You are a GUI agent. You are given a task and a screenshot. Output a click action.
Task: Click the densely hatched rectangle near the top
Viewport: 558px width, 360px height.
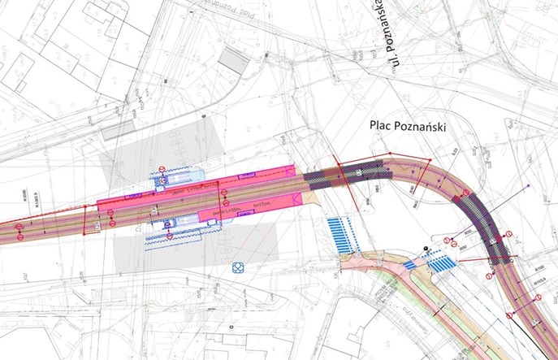(235, 60)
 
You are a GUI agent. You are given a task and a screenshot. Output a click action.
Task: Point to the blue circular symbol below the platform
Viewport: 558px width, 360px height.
(238, 267)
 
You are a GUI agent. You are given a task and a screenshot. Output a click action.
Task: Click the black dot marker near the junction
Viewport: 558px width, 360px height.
(428, 247)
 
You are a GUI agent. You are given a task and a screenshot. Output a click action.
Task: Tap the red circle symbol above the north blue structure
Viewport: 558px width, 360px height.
(162, 170)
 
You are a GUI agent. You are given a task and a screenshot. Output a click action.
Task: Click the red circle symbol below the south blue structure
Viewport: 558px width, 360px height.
(169, 236)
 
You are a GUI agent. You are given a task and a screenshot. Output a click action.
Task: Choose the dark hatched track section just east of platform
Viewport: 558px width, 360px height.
(349, 172)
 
